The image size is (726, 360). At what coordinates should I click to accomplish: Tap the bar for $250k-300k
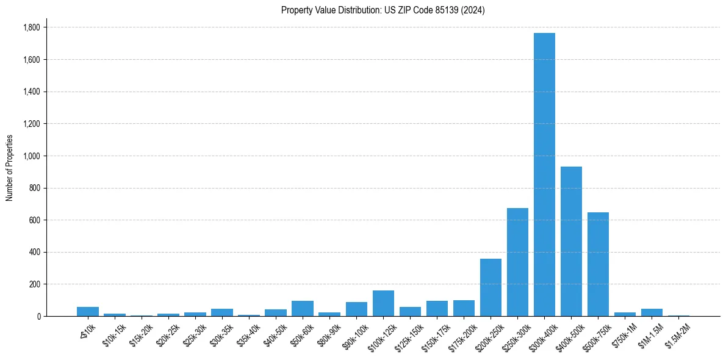[x=517, y=262]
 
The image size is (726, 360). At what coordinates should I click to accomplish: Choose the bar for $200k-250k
[x=491, y=287]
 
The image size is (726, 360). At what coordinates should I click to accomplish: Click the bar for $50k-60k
[x=303, y=309]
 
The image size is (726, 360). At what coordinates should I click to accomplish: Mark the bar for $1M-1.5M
[x=652, y=312]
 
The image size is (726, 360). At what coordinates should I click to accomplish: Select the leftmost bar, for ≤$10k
[x=88, y=312]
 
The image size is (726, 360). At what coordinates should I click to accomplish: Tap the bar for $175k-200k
[x=464, y=308]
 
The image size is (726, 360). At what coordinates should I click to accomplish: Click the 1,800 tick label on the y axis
[x=32, y=27]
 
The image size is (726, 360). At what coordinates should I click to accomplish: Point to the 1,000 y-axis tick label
[x=32, y=156]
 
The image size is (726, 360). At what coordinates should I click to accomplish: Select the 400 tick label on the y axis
[x=35, y=252]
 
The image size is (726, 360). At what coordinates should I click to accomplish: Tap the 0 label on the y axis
[x=38, y=316]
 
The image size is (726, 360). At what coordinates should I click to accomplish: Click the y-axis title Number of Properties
[x=10, y=168]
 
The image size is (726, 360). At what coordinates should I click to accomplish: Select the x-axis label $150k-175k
[x=436, y=335]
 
